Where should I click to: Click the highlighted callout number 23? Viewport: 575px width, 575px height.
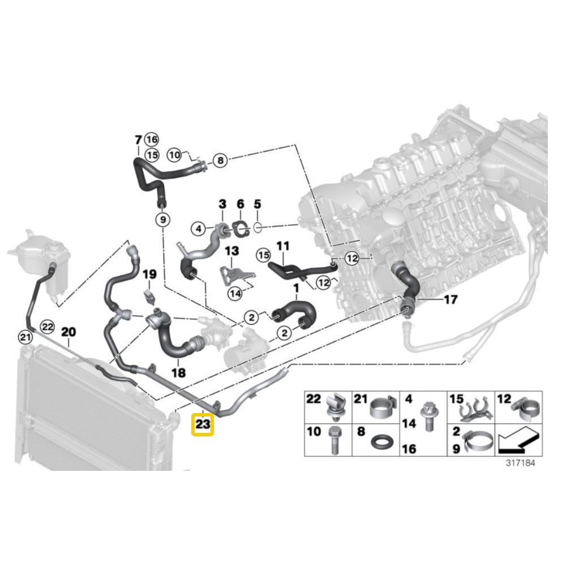(x=203, y=424)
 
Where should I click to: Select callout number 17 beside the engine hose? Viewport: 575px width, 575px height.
(x=450, y=299)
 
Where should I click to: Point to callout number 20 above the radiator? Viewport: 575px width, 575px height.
(x=68, y=332)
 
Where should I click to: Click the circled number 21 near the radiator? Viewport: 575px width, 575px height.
(x=25, y=337)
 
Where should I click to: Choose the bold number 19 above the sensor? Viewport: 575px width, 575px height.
(x=149, y=274)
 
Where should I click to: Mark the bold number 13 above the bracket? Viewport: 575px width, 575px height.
(x=232, y=251)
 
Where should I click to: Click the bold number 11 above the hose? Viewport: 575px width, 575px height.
(x=283, y=246)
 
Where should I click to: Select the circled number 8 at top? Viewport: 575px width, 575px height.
(x=220, y=160)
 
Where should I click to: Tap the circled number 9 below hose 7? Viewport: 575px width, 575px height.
(x=163, y=220)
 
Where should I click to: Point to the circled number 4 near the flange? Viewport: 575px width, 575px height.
(x=199, y=229)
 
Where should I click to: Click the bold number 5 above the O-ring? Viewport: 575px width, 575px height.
(x=258, y=204)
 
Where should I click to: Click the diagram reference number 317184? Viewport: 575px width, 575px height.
(x=520, y=463)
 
